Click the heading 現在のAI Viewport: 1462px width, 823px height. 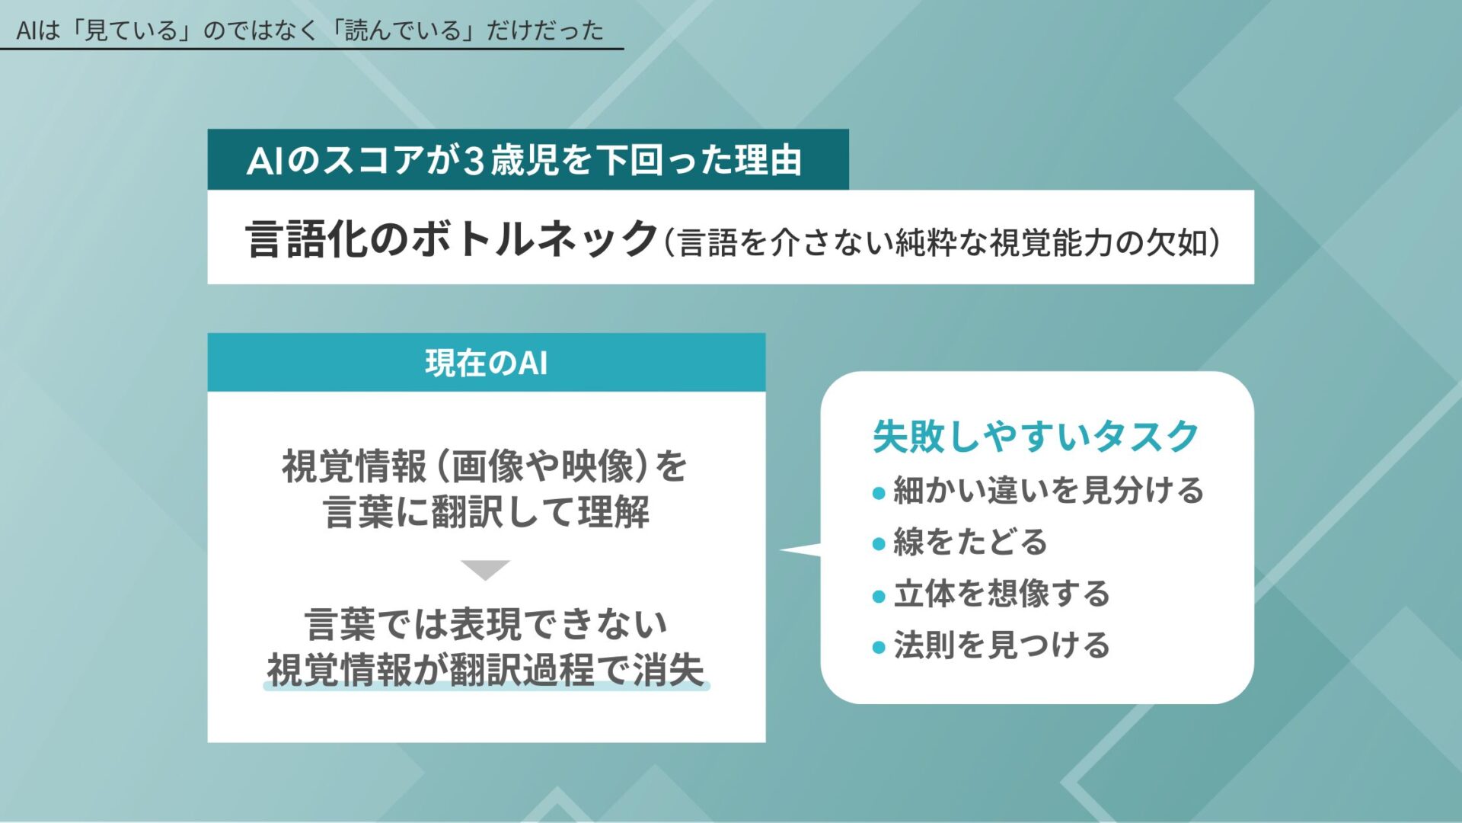click(486, 363)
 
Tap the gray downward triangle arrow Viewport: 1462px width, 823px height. click(485, 569)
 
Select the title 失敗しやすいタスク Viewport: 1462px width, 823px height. click(1035, 437)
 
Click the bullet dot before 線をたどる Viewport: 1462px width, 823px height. click(879, 544)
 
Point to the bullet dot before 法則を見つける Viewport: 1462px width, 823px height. click(879, 648)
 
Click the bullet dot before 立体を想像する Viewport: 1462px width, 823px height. click(879, 596)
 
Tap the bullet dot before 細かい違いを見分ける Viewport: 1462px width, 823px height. click(879, 493)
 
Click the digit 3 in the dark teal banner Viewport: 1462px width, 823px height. click(474, 161)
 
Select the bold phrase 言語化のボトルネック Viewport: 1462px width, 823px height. click(451, 239)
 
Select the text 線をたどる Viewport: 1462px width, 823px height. click(971, 543)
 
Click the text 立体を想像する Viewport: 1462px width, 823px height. click(1002, 594)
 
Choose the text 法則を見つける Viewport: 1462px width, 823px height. click(1002, 645)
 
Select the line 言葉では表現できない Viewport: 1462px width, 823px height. click(486, 624)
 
